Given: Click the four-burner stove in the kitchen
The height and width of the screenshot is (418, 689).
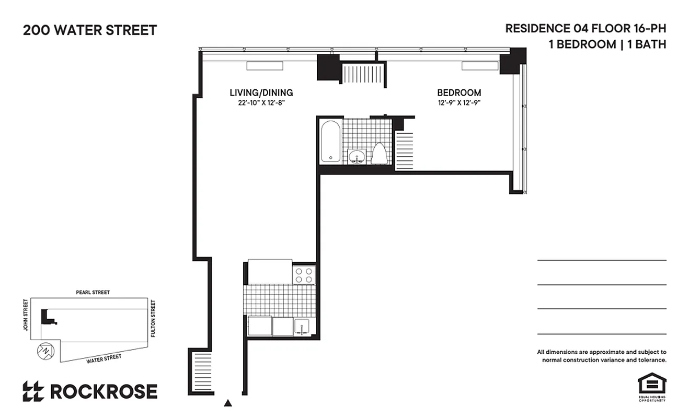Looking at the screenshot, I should (x=304, y=275).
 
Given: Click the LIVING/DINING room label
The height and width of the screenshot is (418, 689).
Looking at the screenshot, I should (x=261, y=92).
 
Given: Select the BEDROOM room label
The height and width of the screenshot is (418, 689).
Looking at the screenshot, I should (x=458, y=92).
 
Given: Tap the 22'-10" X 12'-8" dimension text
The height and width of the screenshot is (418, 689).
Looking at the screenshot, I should (x=261, y=103).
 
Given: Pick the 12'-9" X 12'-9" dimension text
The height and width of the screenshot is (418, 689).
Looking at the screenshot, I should (x=458, y=103).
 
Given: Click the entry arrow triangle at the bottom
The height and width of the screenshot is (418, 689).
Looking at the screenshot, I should (x=227, y=403).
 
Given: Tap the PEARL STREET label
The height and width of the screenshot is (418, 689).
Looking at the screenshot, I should (x=93, y=293).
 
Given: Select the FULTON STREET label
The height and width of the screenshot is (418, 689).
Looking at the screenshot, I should (x=153, y=318).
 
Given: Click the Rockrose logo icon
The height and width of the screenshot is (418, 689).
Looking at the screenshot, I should (x=33, y=391).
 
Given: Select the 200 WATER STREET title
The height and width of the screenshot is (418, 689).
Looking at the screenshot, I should (x=89, y=30).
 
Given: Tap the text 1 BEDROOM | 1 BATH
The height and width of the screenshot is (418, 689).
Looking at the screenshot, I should (x=607, y=44).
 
